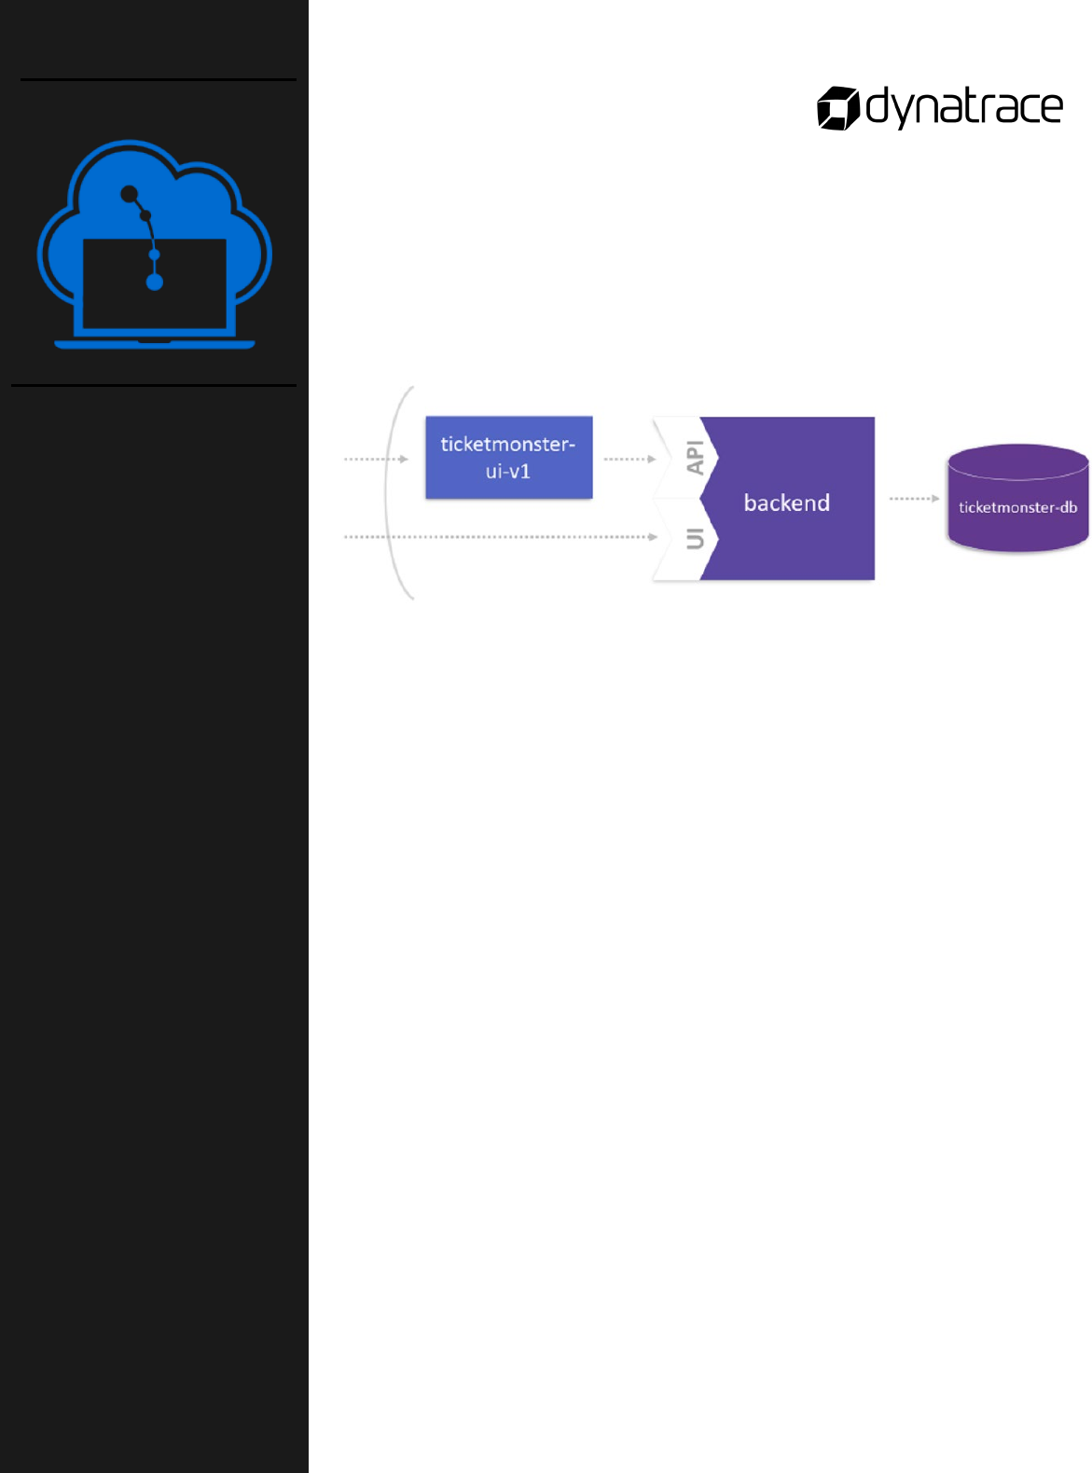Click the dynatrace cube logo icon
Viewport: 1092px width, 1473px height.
click(837, 108)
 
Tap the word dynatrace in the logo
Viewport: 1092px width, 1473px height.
click(964, 107)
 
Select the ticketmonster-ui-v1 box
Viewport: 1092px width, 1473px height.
click(509, 457)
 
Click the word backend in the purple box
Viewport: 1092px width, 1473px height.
click(786, 503)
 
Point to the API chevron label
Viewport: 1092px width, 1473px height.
click(694, 458)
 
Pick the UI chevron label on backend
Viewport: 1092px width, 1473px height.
click(695, 539)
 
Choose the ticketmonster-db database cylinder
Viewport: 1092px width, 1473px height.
click(1017, 499)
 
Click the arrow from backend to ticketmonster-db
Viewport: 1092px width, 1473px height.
click(914, 499)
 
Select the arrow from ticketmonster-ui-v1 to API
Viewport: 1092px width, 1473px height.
click(629, 459)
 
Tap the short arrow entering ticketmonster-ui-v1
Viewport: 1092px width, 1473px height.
click(376, 459)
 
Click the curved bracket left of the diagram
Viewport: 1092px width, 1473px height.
click(390, 492)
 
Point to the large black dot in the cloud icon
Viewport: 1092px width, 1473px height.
click(130, 194)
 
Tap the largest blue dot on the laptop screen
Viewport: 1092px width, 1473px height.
click(155, 282)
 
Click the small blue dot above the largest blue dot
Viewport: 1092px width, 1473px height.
click(154, 255)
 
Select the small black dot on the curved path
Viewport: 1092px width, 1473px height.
click(145, 216)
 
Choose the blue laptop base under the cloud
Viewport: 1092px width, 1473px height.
click(155, 344)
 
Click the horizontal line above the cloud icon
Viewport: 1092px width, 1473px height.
click(159, 80)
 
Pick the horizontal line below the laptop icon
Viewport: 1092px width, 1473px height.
click(154, 385)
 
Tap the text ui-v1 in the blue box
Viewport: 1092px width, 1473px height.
click(507, 472)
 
